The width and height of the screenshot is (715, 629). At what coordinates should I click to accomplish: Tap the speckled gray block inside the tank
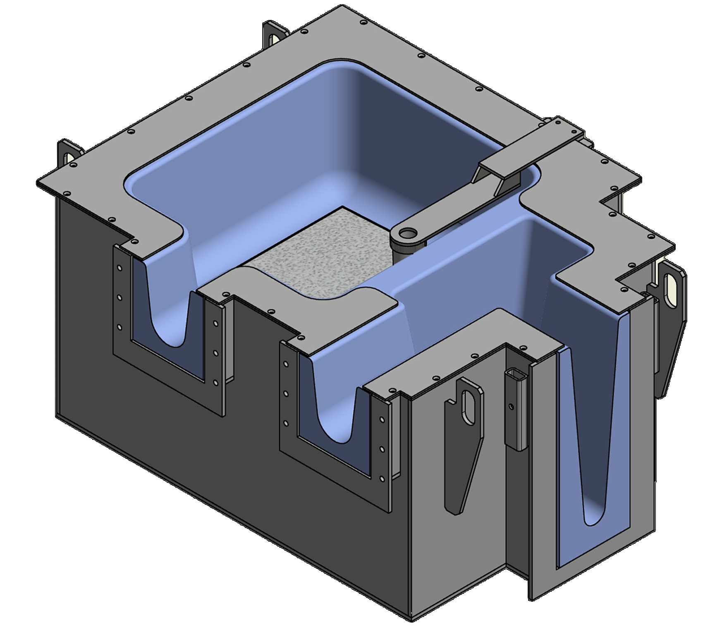tap(318, 252)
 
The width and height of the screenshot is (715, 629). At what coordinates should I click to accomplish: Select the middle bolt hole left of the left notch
tap(120, 298)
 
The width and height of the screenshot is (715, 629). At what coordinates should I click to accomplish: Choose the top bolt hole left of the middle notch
tap(285, 364)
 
